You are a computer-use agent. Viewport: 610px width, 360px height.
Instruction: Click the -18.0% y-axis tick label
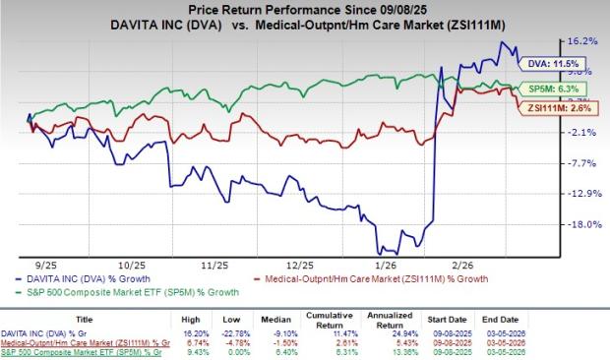click(582, 224)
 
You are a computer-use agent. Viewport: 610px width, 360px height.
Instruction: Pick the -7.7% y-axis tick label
click(582, 163)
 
